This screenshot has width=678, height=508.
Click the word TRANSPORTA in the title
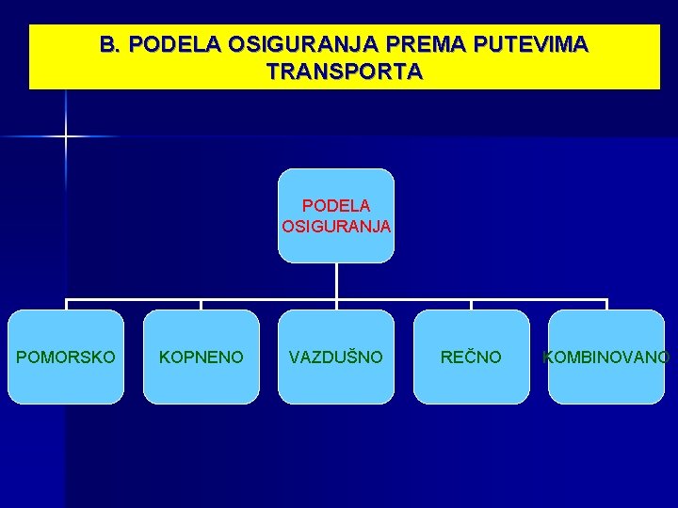[x=345, y=71]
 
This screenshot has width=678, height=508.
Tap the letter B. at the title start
[x=111, y=44]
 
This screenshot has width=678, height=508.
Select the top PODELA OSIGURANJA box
[x=336, y=215]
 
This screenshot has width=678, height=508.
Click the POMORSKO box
[x=66, y=357]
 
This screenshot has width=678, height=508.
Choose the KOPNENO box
[x=202, y=357]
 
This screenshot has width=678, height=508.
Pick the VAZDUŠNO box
[x=336, y=357]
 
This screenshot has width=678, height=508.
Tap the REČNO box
[x=472, y=357]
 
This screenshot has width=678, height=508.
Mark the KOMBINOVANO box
[x=606, y=357]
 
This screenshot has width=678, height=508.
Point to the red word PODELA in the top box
[x=336, y=205]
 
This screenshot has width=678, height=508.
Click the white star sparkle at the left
[x=66, y=136]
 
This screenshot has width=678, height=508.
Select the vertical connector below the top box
[x=336, y=281]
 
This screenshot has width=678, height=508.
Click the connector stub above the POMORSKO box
[x=66, y=305]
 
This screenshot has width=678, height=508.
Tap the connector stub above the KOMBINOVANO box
[x=606, y=305]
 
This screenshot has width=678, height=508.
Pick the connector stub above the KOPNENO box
[x=202, y=305]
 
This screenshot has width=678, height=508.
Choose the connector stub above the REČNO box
[x=472, y=305]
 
